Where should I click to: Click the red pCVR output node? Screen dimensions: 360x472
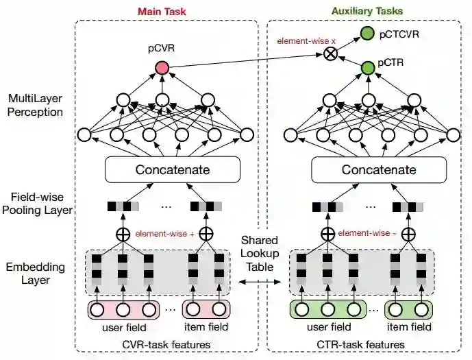[x=162, y=67]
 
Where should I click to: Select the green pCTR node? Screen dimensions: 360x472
[x=367, y=67]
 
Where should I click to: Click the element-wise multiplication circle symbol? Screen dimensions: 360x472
[x=332, y=55]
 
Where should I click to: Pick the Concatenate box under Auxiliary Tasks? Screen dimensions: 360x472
[x=369, y=169]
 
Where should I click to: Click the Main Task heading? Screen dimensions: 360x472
[x=162, y=11]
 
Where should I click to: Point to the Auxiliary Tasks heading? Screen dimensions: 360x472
[x=367, y=11]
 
